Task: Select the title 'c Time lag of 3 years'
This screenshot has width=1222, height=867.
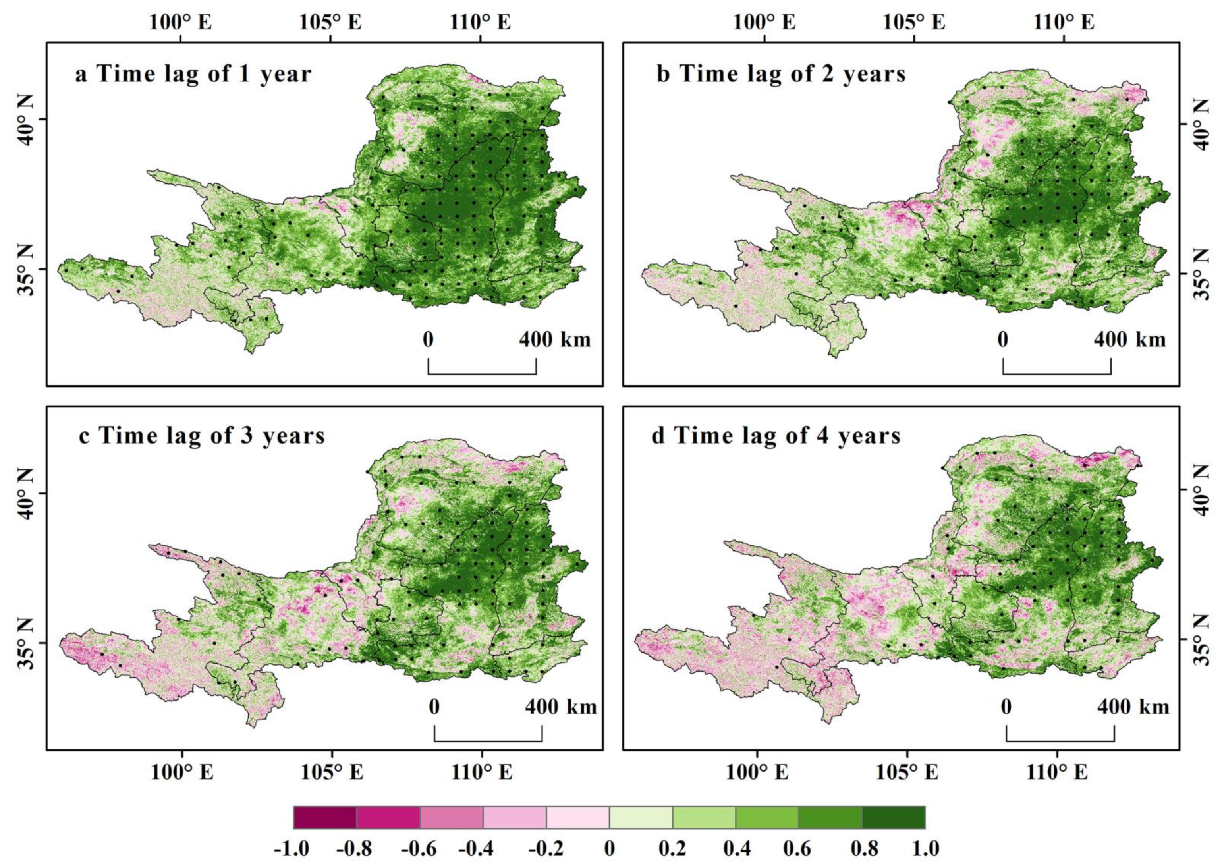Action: (202, 436)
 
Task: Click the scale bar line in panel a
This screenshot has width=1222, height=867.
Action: (482, 374)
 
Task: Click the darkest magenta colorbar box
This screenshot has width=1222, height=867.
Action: (325, 817)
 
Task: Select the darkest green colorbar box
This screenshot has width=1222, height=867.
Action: (893, 817)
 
